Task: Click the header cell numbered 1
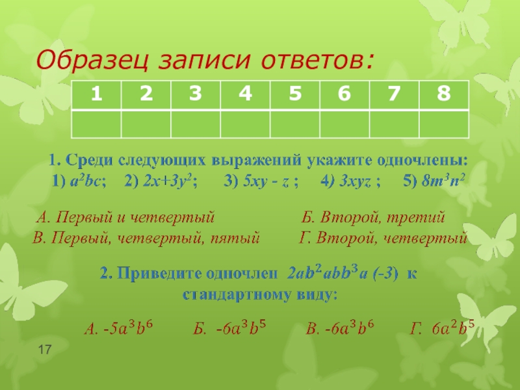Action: click(96, 95)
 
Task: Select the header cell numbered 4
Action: click(245, 95)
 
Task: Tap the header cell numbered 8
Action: click(444, 95)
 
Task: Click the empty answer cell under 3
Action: click(196, 122)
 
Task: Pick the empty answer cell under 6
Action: click(344, 122)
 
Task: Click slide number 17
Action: click(45, 351)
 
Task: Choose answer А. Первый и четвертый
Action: click(125, 217)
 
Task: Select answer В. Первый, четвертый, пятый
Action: click(146, 237)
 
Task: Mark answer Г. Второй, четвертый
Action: click(383, 237)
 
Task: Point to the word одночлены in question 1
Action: click(422, 160)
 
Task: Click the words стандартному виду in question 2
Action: click(260, 294)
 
